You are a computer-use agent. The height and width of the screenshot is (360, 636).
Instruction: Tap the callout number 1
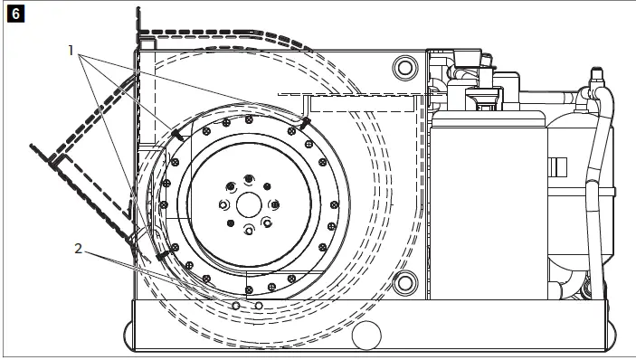pos(71,51)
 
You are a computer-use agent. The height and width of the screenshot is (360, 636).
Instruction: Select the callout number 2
pos(79,249)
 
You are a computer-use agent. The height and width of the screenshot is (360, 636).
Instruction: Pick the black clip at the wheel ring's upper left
pos(177,134)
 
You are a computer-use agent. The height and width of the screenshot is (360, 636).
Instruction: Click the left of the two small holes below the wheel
pos(235,306)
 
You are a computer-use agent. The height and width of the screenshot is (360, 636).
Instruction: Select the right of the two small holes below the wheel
pos(259,306)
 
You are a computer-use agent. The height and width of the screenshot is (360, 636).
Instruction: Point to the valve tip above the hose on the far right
pos(596,72)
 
